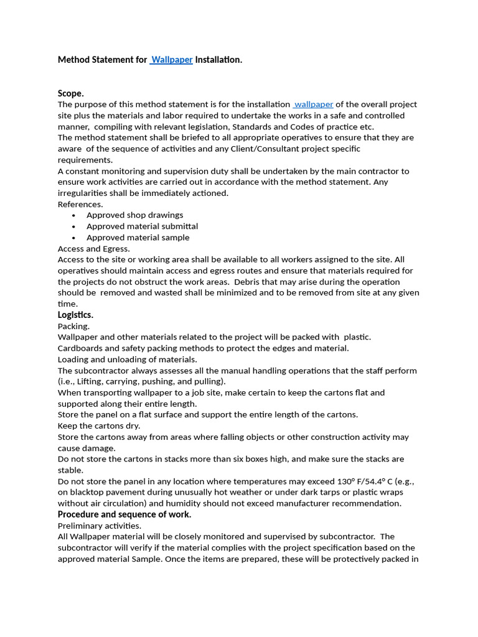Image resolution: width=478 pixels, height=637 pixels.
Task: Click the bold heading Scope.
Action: pos(71,93)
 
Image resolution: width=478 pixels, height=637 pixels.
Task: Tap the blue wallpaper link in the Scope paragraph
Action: pos(314,105)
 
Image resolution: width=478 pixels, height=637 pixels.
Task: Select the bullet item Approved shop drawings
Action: pos(134,215)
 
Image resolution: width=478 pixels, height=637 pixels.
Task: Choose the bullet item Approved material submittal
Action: pos(142,226)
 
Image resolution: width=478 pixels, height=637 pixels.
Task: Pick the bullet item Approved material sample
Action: pos(138,238)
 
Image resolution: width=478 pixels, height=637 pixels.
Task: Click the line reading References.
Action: pos(80,204)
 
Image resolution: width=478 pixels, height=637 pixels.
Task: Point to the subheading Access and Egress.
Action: pos(94,249)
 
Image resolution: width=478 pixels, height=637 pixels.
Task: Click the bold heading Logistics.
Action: pos(75,315)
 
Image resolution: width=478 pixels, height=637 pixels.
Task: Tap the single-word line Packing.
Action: pos(73,326)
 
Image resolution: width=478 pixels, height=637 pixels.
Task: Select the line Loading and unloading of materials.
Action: pos(128,360)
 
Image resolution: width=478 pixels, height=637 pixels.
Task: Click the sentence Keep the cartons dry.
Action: pos(99,426)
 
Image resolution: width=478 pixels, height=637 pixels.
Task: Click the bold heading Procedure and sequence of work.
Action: pos(124,514)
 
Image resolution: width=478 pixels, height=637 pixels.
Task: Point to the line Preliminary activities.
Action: pos(100,526)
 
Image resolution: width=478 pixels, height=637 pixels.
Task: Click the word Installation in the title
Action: pos(218,60)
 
